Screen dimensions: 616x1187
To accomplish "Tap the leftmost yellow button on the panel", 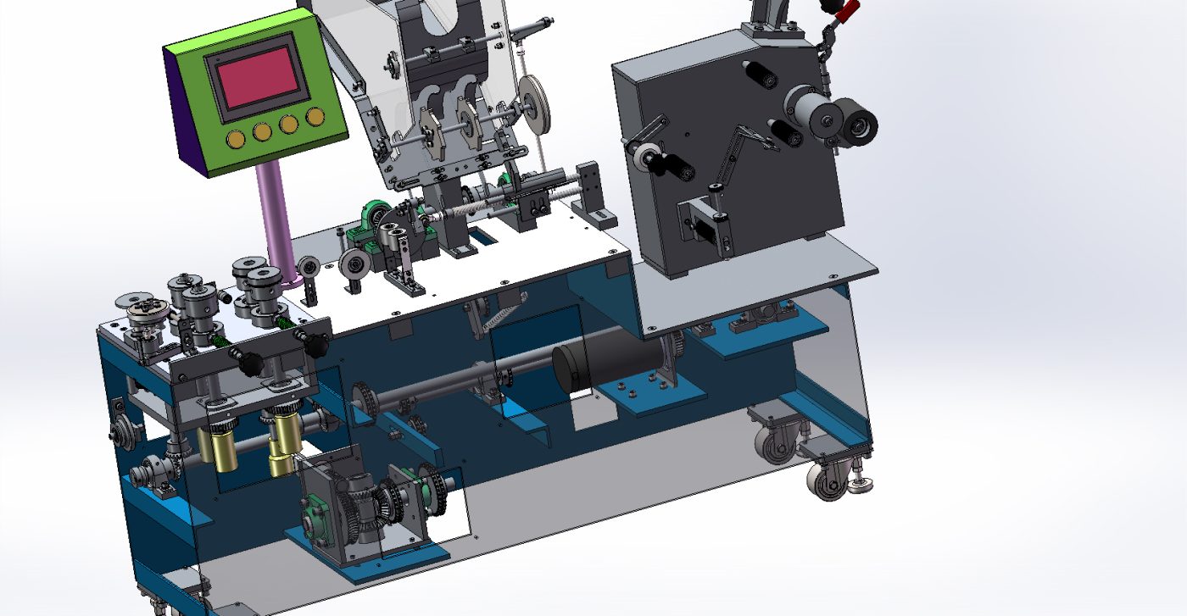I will pyautogui.click(x=236, y=137).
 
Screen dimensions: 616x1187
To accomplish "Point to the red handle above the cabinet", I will pyautogui.click(x=843, y=11).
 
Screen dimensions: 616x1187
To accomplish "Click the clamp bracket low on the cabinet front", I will pyautogui.click(x=704, y=222).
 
